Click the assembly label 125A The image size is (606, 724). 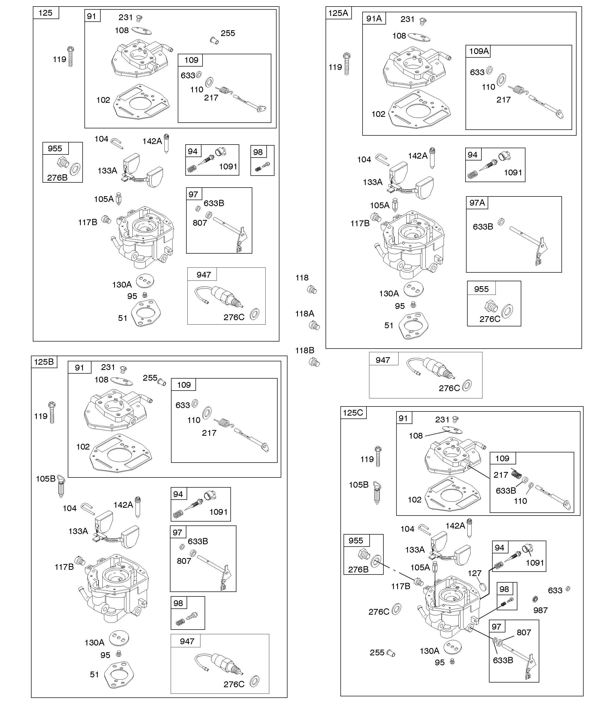click(x=338, y=13)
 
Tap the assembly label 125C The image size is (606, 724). click(x=353, y=413)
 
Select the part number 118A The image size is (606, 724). click(x=304, y=313)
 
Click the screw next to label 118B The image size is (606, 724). click(x=314, y=362)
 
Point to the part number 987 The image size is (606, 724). click(x=540, y=610)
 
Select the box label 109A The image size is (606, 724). click(x=479, y=51)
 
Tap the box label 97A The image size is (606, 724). click(x=477, y=203)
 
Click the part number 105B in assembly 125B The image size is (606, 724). click(x=45, y=478)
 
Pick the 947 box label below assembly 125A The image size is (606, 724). click(x=383, y=360)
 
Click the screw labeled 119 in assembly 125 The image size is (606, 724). click(x=71, y=57)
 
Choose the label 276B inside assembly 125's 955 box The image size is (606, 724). click(x=57, y=178)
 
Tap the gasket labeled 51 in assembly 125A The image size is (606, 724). click(x=413, y=326)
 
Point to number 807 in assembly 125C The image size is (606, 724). click(x=524, y=632)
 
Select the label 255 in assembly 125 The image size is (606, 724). click(x=228, y=33)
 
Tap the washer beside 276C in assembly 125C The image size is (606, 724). click(x=396, y=609)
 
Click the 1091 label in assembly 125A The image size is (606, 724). click(x=513, y=172)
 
